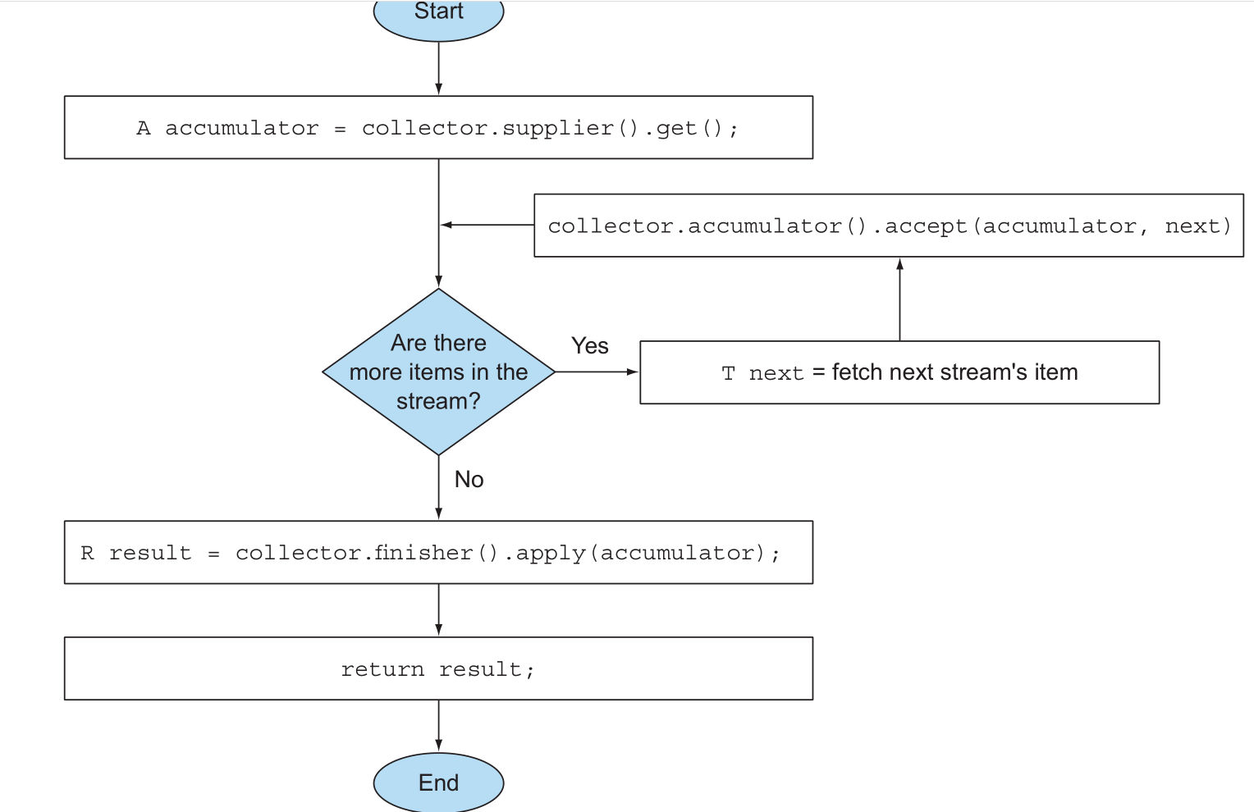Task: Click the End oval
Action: point(438,782)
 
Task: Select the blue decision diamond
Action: point(438,372)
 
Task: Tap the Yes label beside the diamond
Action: point(589,346)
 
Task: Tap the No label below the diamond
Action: point(469,480)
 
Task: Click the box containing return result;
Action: point(438,668)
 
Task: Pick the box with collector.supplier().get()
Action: point(438,128)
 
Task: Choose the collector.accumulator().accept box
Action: point(889,226)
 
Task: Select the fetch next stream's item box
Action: point(899,372)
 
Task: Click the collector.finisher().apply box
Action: point(438,552)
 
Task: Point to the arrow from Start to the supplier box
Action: point(438,68)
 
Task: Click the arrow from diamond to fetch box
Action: point(597,372)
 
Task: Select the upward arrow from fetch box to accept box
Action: point(899,299)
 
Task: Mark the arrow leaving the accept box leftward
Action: point(487,225)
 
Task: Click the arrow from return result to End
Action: point(438,726)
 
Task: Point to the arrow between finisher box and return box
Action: point(438,610)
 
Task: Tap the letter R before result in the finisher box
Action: point(87,553)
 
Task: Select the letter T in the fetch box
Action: point(728,373)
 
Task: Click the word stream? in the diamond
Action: point(438,401)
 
